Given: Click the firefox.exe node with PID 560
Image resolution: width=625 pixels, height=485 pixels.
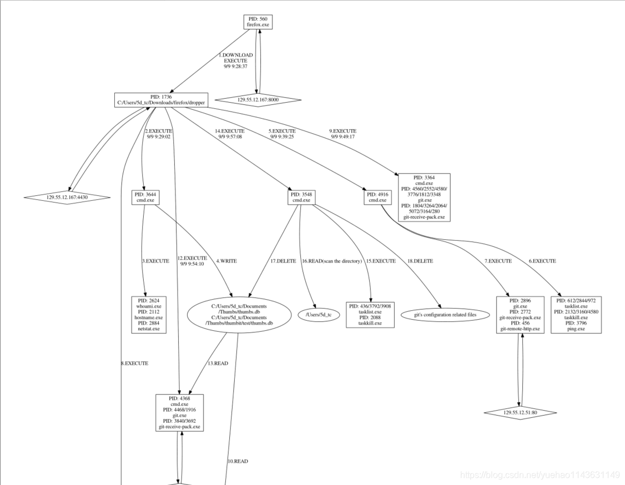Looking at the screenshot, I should [x=258, y=22].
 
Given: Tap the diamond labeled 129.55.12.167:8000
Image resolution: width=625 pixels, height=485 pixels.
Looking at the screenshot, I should [x=258, y=100].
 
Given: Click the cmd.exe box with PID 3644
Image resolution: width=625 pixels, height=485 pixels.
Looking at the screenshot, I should [x=145, y=197].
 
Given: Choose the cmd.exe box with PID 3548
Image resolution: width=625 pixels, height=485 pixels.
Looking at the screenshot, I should [x=301, y=197].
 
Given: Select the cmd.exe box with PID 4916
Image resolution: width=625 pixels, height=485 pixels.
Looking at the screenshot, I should [x=377, y=197].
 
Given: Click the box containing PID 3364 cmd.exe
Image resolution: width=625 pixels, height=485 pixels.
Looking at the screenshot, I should [x=424, y=197].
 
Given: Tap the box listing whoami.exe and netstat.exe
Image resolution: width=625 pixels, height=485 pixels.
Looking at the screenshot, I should [x=148, y=315].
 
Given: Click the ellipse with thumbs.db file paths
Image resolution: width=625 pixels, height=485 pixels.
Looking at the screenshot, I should [x=239, y=315].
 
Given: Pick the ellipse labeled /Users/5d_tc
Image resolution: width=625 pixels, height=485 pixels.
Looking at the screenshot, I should [x=319, y=315].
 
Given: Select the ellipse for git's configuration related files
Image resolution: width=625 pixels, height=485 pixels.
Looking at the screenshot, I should [x=445, y=315].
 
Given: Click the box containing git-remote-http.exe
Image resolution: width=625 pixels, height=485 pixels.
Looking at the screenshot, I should [x=520, y=315].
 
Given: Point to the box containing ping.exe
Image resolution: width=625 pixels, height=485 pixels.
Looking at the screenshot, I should [x=576, y=315].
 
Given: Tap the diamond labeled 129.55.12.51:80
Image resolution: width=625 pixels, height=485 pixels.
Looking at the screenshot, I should [x=520, y=412].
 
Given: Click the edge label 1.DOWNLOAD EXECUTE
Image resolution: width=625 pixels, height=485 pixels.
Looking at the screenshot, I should [x=235, y=60].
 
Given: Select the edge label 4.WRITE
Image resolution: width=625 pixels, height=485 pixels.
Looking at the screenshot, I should [x=226, y=261].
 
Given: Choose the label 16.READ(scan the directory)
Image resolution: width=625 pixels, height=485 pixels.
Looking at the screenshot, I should [x=332, y=261].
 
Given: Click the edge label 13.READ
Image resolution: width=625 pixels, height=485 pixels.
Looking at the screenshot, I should [x=218, y=363].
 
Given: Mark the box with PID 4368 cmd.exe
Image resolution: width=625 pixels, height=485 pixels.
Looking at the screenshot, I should [x=179, y=412].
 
